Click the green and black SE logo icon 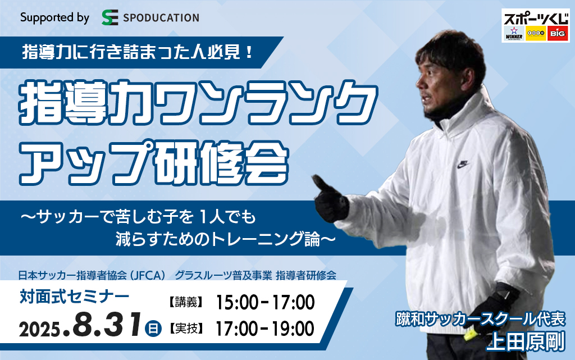[110, 17]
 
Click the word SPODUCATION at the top [161, 17]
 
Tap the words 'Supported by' [54, 17]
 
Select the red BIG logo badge [558, 34]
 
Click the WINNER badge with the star [514, 33]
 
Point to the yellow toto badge [536, 34]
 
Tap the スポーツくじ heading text [536, 19]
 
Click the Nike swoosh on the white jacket [463, 164]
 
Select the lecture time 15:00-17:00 [265, 302]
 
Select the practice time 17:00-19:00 [265, 329]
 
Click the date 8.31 [107, 325]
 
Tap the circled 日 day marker [153, 328]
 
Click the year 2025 [40, 330]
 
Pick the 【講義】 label [186, 302]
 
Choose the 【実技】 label [186, 329]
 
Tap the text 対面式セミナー [75, 297]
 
